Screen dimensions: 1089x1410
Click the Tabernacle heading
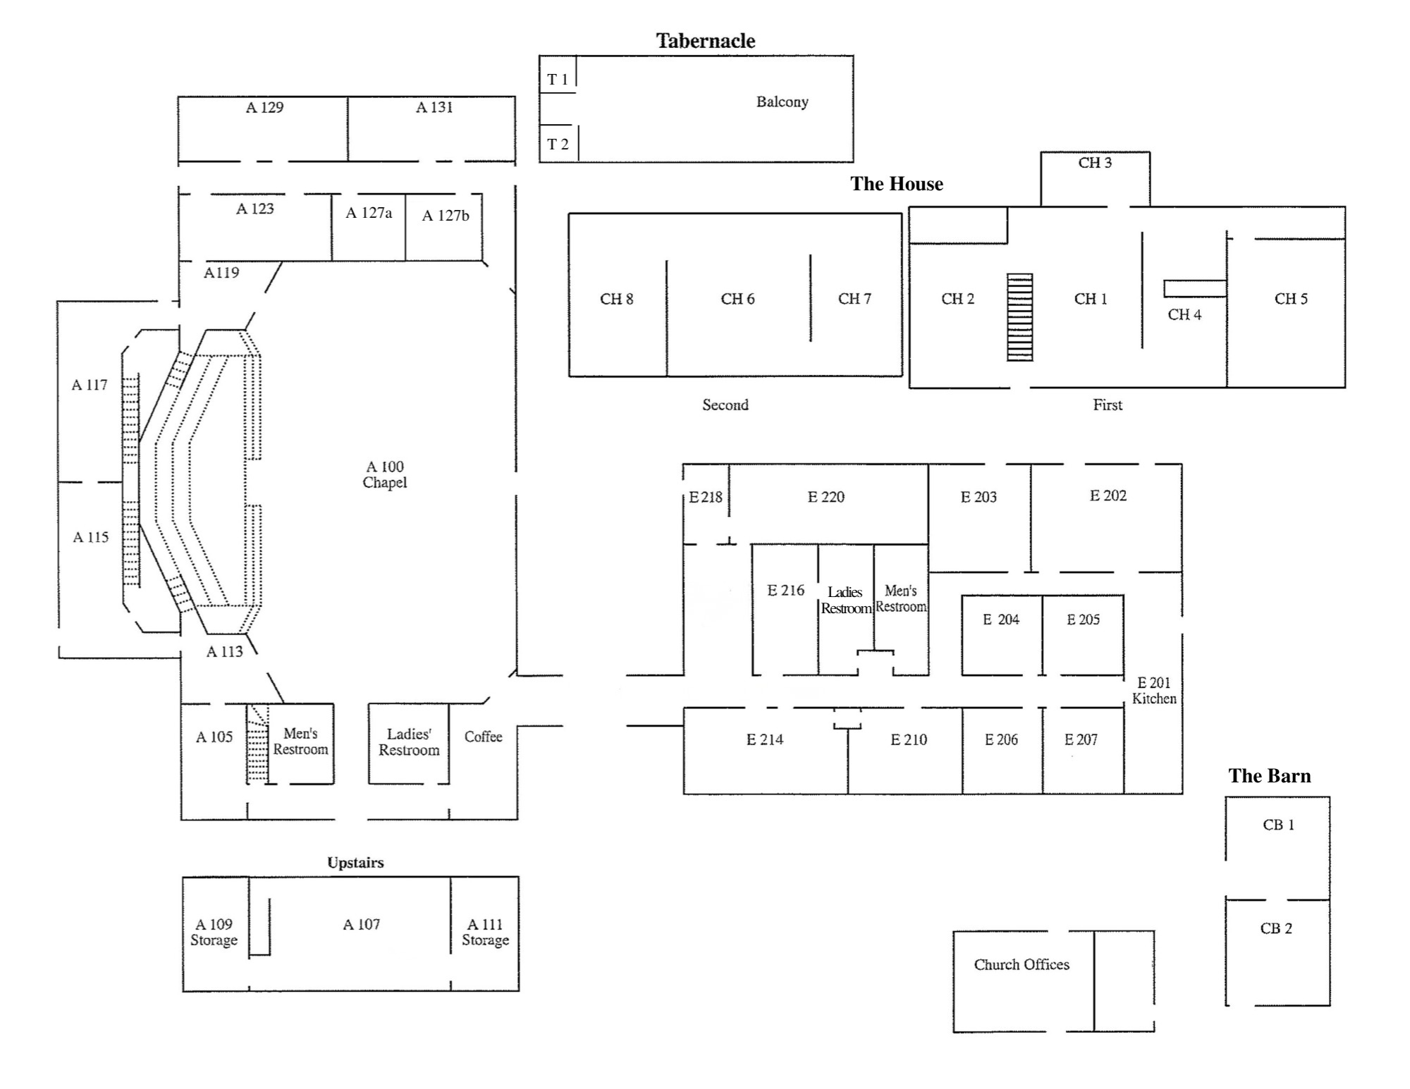(706, 41)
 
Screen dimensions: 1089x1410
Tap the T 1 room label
(558, 80)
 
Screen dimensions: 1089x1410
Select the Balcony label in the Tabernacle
(782, 101)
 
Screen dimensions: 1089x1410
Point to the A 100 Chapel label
(385, 474)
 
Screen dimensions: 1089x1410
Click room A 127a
(369, 213)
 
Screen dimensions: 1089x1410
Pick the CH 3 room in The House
(1095, 163)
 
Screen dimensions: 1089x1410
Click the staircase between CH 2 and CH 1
(1019, 317)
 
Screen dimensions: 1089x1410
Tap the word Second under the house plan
(725, 405)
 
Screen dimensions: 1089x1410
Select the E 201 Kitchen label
(1154, 691)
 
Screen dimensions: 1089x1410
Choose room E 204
(1001, 620)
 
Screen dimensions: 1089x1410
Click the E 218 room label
(706, 497)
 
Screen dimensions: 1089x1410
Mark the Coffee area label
(483, 737)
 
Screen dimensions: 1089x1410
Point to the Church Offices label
(1022, 964)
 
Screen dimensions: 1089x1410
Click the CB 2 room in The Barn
(1276, 928)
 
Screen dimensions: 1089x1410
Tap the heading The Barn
(1270, 776)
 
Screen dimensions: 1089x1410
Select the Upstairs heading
(355, 863)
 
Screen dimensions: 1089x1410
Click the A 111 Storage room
(485, 932)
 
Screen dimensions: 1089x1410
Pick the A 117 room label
(90, 385)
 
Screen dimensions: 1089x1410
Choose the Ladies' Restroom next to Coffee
(409, 742)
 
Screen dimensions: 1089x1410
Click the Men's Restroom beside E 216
(901, 598)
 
